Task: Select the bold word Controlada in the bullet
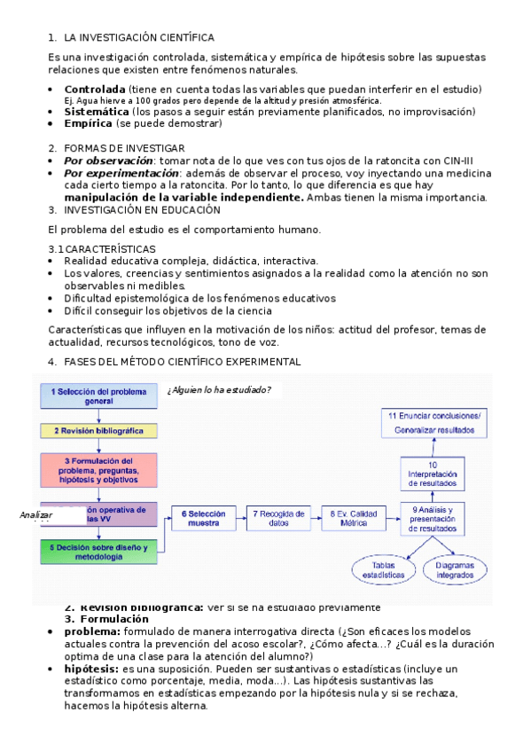point(95,90)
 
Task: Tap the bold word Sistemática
point(97,112)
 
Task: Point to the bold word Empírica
point(88,123)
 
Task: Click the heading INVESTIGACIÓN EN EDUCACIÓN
point(142,210)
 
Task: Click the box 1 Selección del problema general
point(98,396)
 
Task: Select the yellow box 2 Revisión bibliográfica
point(98,431)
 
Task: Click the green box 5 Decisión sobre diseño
point(98,552)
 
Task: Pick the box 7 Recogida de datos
point(279,518)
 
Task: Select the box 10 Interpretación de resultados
point(433,475)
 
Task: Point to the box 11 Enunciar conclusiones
point(434,423)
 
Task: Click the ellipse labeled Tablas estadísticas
point(383,570)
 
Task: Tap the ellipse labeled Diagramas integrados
point(456,570)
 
